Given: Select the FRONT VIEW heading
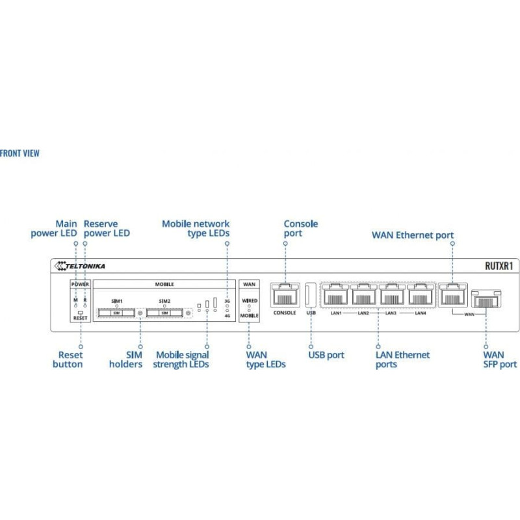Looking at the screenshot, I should pyautogui.click(x=19, y=153).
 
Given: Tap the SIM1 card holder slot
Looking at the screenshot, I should pyautogui.click(x=117, y=313).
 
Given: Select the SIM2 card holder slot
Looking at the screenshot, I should pyautogui.click(x=164, y=313).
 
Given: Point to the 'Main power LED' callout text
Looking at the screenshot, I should pyautogui.click(x=54, y=228).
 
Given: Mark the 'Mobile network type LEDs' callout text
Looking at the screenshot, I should pyautogui.click(x=196, y=228).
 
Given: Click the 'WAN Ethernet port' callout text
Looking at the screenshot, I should pyautogui.click(x=412, y=235).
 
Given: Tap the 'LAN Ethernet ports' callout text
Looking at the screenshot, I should pyautogui.click(x=402, y=359).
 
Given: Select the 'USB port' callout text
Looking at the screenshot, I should pyautogui.click(x=326, y=355).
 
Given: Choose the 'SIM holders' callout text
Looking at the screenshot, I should pyautogui.click(x=125, y=359).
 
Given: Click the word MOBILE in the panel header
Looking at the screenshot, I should pyautogui.click(x=164, y=284).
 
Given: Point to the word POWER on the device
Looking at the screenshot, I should pyautogui.click(x=81, y=284).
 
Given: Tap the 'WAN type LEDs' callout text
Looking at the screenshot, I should pyautogui.click(x=265, y=359).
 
